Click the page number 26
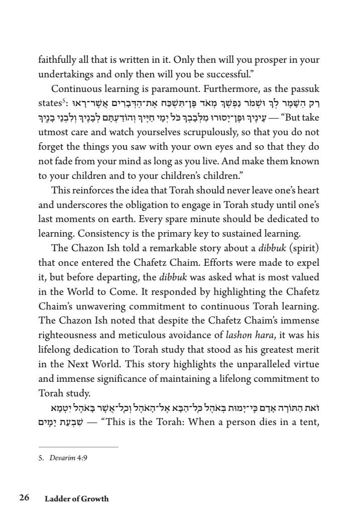coord(24,498)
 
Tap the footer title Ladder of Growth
coord(76,499)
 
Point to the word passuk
coord(302,89)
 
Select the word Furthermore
coord(242,89)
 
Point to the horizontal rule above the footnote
coord(78,447)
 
